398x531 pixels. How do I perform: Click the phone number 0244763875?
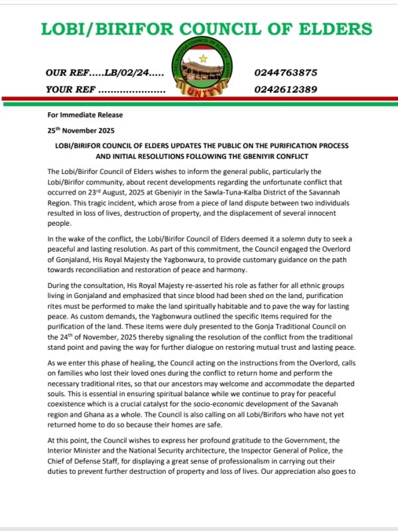(x=285, y=73)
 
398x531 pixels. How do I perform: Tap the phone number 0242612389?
(x=285, y=89)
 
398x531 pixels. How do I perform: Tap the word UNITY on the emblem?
(x=199, y=95)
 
